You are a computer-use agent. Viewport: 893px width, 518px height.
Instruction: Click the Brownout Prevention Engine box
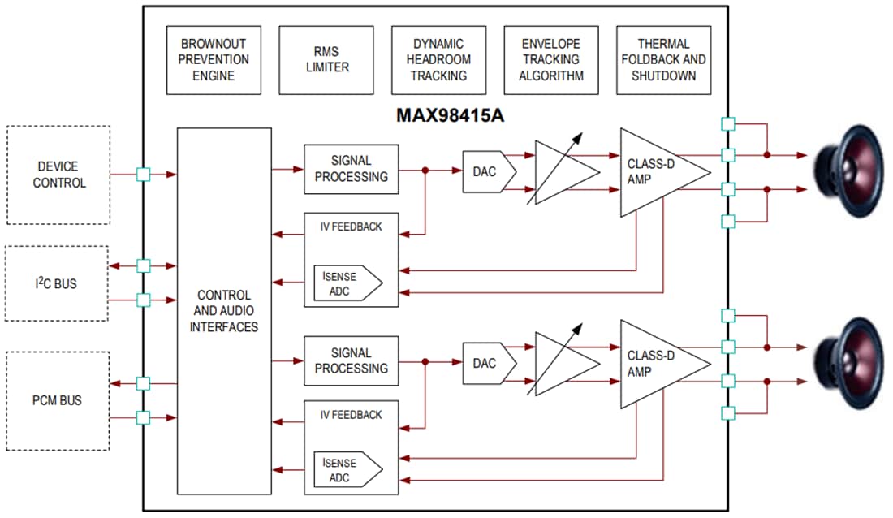click(214, 60)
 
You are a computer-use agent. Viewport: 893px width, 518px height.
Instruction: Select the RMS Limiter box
click(326, 60)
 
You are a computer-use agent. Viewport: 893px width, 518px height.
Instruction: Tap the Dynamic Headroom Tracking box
click(438, 60)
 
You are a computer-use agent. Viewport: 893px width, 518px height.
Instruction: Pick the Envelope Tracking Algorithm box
click(551, 60)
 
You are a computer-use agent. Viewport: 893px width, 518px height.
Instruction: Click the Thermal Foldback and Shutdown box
click(663, 60)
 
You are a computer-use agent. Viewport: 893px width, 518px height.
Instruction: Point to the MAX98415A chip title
click(450, 115)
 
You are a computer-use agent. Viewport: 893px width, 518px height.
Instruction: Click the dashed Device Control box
click(58, 175)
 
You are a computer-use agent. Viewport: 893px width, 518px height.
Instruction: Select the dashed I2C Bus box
click(57, 283)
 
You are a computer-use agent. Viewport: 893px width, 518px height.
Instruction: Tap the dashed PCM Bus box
click(57, 400)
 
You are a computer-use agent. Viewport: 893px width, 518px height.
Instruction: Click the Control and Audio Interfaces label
click(224, 311)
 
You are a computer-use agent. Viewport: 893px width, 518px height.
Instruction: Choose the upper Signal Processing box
click(351, 169)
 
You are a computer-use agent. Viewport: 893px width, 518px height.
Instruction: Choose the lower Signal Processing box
click(351, 361)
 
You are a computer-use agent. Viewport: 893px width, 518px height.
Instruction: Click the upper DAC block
click(488, 171)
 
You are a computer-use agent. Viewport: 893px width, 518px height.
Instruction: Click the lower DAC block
click(488, 363)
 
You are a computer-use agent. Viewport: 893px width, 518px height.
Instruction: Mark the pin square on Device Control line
click(144, 174)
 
